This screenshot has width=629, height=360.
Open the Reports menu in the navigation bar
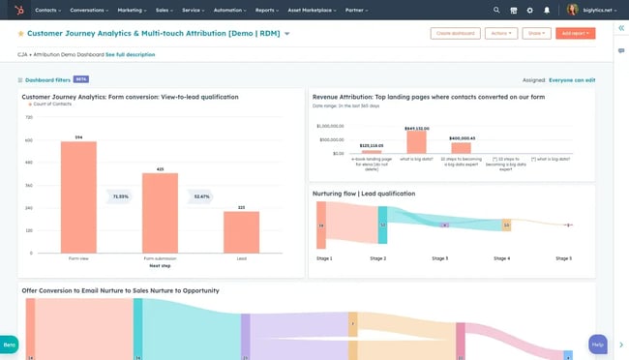[x=266, y=10]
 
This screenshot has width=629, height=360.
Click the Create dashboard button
[x=455, y=33]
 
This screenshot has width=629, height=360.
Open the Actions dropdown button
[x=501, y=33]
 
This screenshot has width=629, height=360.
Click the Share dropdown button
[x=535, y=33]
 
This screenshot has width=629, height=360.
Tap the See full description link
[x=130, y=54]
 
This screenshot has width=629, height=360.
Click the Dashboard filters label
[x=46, y=79]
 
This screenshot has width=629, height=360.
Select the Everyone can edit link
[x=572, y=79]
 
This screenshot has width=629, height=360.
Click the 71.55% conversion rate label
[x=120, y=196]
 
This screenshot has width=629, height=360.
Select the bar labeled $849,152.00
[x=416, y=141]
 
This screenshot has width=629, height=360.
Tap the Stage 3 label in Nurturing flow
[x=439, y=258]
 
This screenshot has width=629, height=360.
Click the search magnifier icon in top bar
[x=497, y=10]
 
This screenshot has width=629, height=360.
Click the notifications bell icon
[x=547, y=10]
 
